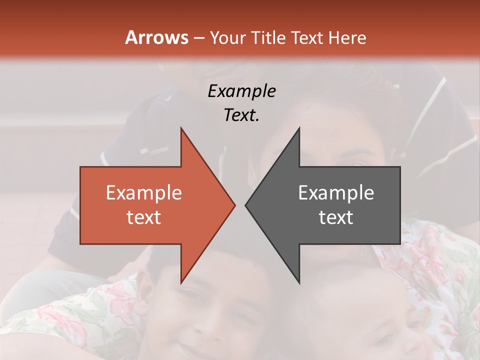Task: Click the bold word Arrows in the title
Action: click(x=156, y=37)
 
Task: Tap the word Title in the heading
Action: click(x=269, y=38)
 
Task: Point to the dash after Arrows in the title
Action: click(x=198, y=38)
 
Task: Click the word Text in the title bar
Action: click(x=307, y=38)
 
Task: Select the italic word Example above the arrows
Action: click(x=241, y=91)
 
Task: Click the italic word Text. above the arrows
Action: click(x=241, y=115)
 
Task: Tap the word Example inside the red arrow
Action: click(x=144, y=193)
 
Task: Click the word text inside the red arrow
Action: click(x=144, y=217)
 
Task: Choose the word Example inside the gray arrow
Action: click(x=336, y=193)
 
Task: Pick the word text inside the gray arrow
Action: click(x=336, y=217)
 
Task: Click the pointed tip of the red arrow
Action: click(x=235, y=205)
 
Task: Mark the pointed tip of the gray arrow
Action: click(x=245, y=205)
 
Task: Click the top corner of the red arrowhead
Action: click(x=181, y=128)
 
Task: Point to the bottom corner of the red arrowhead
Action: click(x=181, y=283)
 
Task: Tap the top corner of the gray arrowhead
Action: click(x=299, y=128)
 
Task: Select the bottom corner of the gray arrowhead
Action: click(x=299, y=283)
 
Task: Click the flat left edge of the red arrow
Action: click(x=80, y=205)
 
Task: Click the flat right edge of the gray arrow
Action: click(x=400, y=205)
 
